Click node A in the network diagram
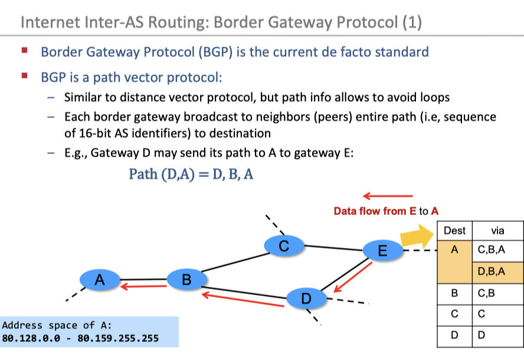[x=100, y=279]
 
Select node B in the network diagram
[x=186, y=279]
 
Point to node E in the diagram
[x=382, y=251]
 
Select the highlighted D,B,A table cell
[x=492, y=271]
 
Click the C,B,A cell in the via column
[x=492, y=250]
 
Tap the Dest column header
[x=454, y=230]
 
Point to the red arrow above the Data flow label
[x=388, y=196]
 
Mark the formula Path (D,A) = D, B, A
[x=191, y=175]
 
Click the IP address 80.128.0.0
[x=28, y=339]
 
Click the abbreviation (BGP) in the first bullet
[x=218, y=52]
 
